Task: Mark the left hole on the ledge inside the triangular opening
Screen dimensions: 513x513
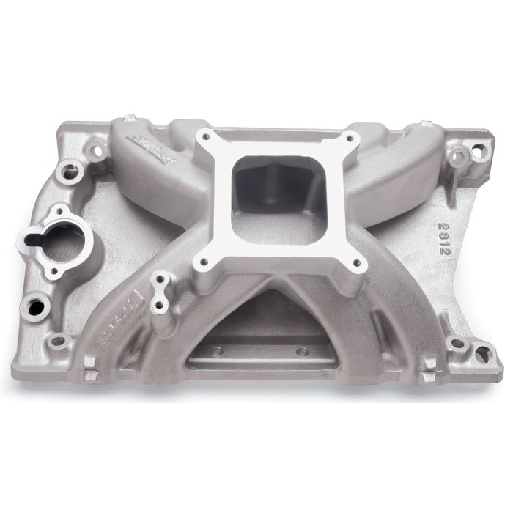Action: point(221,353)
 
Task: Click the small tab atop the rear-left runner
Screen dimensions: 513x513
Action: point(130,117)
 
